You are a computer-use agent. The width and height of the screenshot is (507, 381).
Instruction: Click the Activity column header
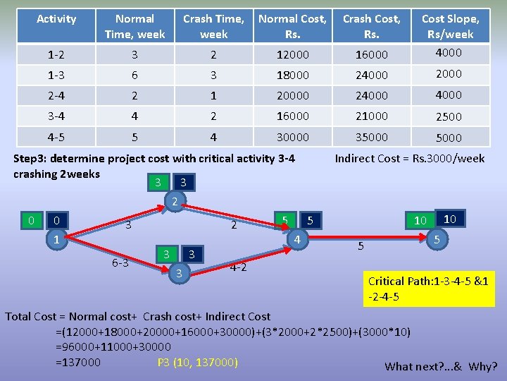coord(56,19)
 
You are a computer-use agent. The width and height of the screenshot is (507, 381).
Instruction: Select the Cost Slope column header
coord(450,26)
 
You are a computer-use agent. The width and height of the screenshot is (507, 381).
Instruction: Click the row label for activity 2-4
coord(56,95)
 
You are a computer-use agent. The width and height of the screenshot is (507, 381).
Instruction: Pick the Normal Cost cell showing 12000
coord(292,53)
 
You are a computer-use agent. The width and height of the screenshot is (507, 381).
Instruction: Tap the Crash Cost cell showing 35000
coord(371,138)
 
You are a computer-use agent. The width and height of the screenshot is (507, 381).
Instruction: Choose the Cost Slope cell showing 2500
coord(449,116)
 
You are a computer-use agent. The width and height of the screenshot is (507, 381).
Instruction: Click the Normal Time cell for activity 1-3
coord(134,74)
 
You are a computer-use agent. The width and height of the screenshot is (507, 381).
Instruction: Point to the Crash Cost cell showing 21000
coord(371,116)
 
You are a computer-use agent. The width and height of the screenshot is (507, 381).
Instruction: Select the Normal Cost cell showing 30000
coord(292,138)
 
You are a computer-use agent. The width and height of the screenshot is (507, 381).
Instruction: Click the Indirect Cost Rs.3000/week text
coord(409,158)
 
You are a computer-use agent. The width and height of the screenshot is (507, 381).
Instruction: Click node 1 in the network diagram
coord(56,240)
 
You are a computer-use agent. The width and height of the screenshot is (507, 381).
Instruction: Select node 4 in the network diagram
coord(298,240)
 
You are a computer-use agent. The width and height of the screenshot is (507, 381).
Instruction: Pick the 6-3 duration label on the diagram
coord(120,263)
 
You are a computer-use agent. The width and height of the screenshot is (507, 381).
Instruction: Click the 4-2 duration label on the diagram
coord(237,267)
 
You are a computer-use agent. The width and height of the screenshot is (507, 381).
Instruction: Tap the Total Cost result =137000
coord(78,363)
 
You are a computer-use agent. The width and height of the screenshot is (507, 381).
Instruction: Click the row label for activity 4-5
coord(56,138)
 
